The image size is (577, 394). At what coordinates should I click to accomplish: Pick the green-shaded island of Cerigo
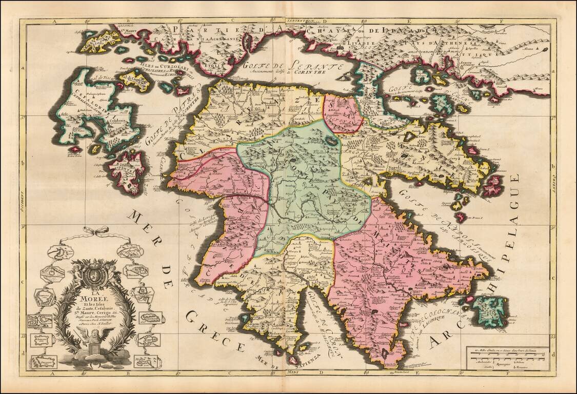490,310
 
